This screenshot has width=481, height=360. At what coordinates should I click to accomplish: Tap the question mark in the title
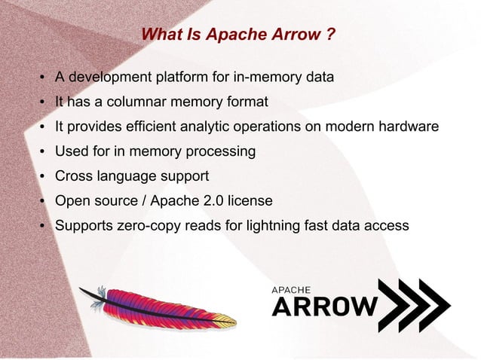pyautogui.click(x=331, y=35)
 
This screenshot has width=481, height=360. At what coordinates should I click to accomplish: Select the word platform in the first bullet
pyautogui.click(x=184, y=77)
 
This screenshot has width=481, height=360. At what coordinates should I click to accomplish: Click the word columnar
pyautogui.click(x=135, y=102)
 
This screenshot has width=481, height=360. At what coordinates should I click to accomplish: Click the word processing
pyautogui.click(x=219, y=151)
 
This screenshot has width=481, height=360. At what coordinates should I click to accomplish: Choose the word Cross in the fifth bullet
pyautogui.click(x=74, y=176)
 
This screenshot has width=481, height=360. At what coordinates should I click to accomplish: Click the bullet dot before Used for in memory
pyautogui.click(x=44, y=152)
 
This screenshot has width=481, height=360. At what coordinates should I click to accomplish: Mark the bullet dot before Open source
pyautogui.click(x=44, y=202)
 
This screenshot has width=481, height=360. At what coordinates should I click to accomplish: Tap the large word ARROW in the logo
pyautogui.click(x=324, y=306)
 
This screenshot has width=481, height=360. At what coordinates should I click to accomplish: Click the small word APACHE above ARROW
pyautogui.click(x=290, y=288)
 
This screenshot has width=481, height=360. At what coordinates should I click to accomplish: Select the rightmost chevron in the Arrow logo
pyautogui.click(x=434, y=306)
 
